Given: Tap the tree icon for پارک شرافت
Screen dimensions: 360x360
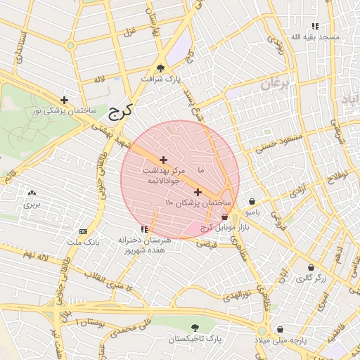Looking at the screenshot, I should click(x=161, y=68).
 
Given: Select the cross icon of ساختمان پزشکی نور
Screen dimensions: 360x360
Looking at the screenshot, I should click(x=65, y=100).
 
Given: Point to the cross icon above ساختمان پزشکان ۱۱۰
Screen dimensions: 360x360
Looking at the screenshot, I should click(x=198, y=192).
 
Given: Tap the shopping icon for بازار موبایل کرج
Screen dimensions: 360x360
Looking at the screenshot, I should click(x=224, y=217).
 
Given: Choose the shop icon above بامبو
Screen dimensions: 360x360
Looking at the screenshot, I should click(x=252, y=201).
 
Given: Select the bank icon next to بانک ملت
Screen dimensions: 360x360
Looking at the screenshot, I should click(x=84, y=232).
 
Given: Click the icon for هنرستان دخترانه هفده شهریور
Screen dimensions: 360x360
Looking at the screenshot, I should click(x=144, y=229).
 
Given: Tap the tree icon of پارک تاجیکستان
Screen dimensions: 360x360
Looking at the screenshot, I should click(x=195, y=328).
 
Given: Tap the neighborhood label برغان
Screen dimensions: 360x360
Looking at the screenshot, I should click(x=275, y=84).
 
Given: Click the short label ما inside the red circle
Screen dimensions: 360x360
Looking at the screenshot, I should click(x=202, y=171).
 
